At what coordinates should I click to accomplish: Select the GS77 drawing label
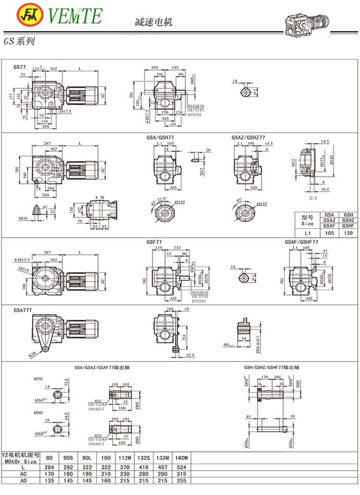pyautogui.click(x=20, y=66)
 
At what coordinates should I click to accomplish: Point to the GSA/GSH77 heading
pyautogui.click(x=161, y=138)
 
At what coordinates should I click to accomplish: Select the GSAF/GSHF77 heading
pyautogui.click(x=301, y=242)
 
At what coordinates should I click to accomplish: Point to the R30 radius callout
pyautogui.click(x=33, y=355)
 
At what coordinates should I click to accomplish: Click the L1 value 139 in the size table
pyautogui.click(x=348, y=234)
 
